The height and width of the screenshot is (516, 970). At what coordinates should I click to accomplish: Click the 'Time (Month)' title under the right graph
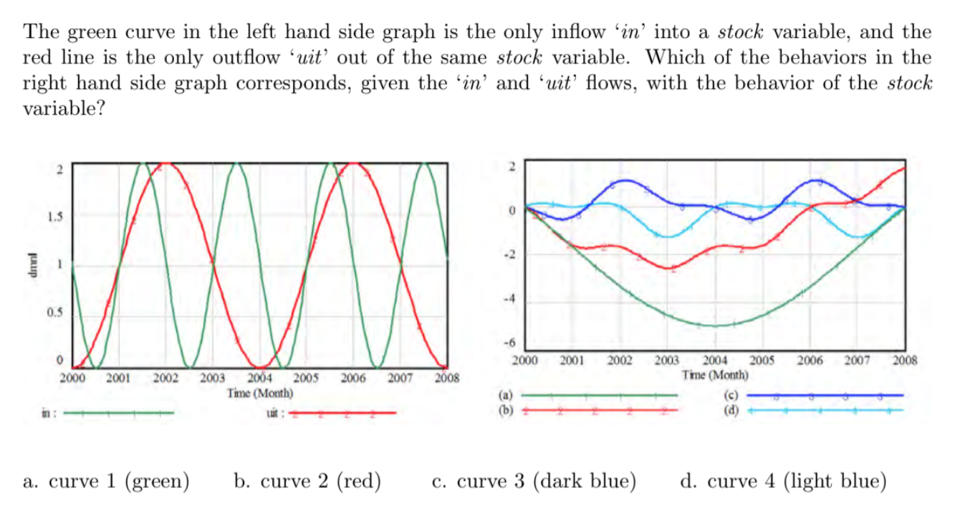click(716, 375)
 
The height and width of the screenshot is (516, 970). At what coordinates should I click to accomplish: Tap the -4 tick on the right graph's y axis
click(512, 299)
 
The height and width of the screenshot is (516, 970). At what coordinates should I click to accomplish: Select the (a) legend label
click(506, 394)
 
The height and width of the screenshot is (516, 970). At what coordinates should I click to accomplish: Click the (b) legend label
click(506, 411)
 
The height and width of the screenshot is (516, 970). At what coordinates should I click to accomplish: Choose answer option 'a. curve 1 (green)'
click(106, 481)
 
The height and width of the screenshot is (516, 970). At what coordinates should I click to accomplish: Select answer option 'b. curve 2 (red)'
click(307, 481)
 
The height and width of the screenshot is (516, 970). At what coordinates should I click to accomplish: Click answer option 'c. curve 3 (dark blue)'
click(534, 481)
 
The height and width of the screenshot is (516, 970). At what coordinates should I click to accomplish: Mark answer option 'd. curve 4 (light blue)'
click(782, 481)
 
